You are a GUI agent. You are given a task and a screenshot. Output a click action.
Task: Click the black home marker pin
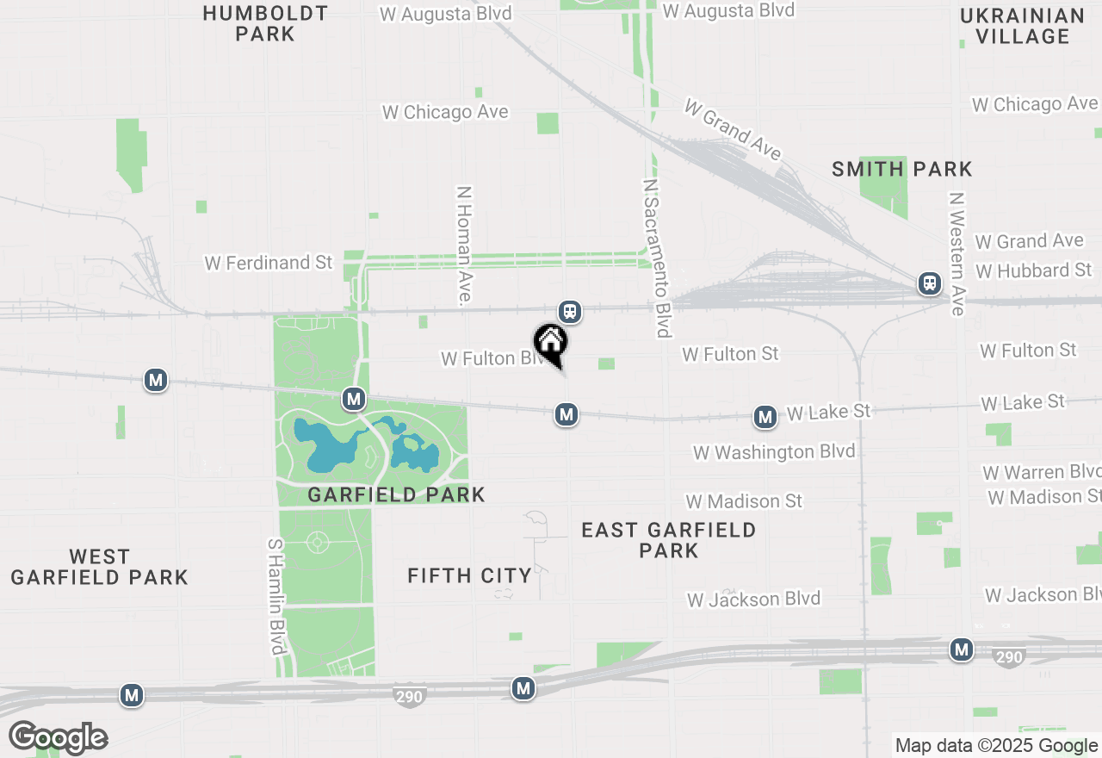point(551,343)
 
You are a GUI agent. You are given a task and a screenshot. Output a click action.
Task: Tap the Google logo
point(58,737)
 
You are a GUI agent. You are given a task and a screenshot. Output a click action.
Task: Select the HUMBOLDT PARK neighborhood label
point(265,24)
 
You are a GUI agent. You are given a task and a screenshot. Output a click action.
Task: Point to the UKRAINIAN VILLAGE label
point(1022,26)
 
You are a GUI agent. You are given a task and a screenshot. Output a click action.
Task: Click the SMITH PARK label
point(902,170)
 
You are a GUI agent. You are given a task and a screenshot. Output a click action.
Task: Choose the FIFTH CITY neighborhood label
point(469,575)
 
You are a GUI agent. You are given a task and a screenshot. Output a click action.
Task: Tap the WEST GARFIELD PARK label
point(99,567)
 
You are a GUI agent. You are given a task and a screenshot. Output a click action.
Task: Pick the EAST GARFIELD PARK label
point(668,540)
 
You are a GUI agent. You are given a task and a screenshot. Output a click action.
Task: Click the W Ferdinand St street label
point(269,263)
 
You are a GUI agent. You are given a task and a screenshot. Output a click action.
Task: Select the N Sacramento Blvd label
point(657,258)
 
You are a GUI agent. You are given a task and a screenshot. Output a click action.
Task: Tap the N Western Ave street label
point(957,253)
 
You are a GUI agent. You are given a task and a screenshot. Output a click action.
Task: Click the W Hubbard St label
point(1033,270)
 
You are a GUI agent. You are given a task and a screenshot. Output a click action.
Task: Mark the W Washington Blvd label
point(774,452)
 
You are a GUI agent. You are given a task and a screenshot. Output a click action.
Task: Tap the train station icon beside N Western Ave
point(929,283)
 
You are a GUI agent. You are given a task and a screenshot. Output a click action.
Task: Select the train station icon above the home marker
point(569,312)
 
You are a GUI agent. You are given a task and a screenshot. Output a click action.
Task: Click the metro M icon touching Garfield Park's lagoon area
point(353,399)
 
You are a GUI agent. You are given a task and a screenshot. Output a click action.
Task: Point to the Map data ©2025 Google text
point(996,746)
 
